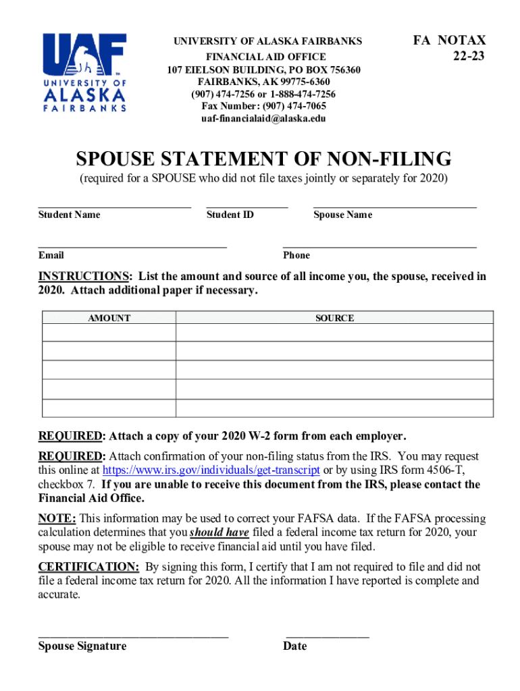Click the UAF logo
click(85, 72)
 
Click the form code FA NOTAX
click(449, 40)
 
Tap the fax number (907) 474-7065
click(263, 107)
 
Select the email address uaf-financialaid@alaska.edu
click(263, 119)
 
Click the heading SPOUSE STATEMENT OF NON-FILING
click(263, 159)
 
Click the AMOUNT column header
click(109, 318)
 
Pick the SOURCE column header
click(334, 318)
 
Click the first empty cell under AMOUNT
click(109, 333)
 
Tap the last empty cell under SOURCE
click(334, 408)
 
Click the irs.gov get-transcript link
click(211, 470)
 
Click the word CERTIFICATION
click(88, 567)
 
